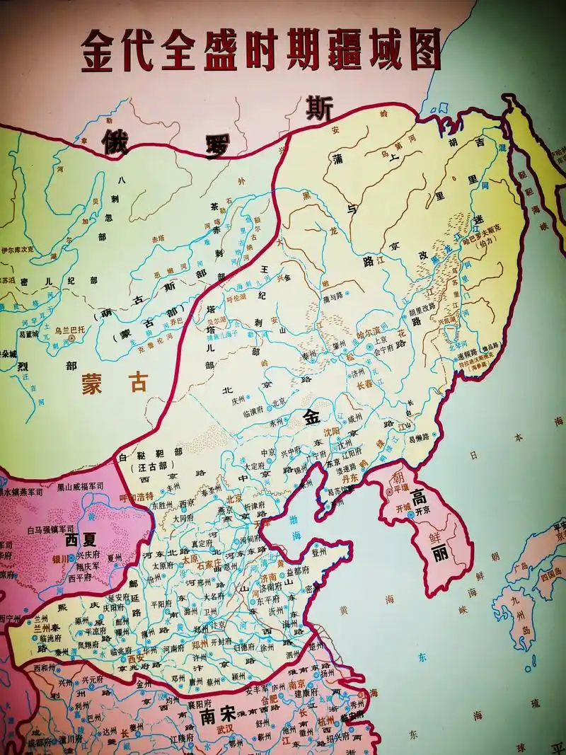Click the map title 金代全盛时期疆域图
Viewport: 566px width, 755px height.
tap(262, 50)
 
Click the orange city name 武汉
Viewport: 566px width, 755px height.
tap(224, 728)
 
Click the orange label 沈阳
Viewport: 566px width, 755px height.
tap(332, 430)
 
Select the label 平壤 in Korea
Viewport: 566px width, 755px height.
tap(400, 487)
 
